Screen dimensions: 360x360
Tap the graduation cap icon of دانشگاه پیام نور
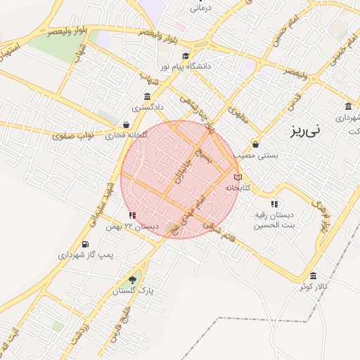point(185,56)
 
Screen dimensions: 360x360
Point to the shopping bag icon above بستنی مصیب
point(255,144)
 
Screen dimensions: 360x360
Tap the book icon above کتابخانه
point(238,177)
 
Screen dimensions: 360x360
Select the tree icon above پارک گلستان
point(133,279)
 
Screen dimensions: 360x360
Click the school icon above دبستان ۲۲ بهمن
point(132,215)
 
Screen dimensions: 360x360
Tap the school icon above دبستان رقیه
point(274,204)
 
